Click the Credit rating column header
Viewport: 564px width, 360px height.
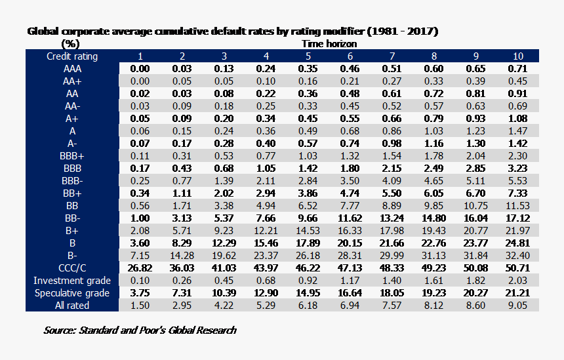pyautogui.click(x=72, y=56)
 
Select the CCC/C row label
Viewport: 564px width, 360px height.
pyautogui.click(x=72, y=268)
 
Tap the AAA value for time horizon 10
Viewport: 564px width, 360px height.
pyautogui.click(x=517, y=69)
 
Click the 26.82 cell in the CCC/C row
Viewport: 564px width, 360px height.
pyautogui.click(x=140, y=268)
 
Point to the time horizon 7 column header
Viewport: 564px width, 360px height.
pyautogui.click(x=392, y=56)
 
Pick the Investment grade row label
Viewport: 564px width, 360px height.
pyautogui.click(x=72, y=281)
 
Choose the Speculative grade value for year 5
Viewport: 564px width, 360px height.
pyautogui.click(x=308, y=293)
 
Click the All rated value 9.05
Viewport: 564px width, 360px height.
pyautogui.click(x=517, y=306)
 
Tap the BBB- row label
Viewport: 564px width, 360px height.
pyautogui.click(x=72, y=181)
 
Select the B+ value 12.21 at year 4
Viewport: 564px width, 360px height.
pyautogui.click(x=266, y=231)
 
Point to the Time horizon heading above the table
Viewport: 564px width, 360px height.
pyautogui.click(x=329, y=44)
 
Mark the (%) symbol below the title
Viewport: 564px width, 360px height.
pyautogui.click(x=70, y=44)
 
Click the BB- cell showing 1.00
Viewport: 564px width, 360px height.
pyautogui.click(x=140, y=218)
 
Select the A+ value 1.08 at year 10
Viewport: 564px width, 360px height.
pyautogui.click(x=517, y=119)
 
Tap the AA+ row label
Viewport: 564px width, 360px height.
pyautogui.click(x=72, y=81)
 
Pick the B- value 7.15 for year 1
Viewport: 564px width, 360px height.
pyautogui.click(x=140, y=256)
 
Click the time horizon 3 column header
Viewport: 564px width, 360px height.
pyautogui.click(x=224, y=56)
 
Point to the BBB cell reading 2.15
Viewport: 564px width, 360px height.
pyautogui.click(x=392, y=169)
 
